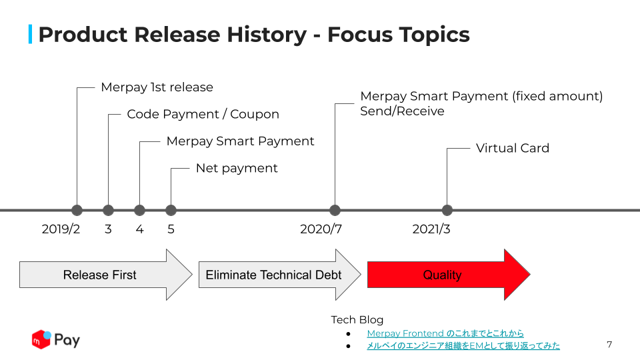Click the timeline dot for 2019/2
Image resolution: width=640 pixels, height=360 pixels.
pos(77,210)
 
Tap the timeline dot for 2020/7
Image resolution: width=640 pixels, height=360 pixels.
pos(335,210)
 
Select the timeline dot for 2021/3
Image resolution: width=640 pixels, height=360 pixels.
pos(447,210)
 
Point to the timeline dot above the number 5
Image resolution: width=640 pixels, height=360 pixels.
pos(171,210)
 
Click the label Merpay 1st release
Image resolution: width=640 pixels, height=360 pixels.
pos(157,87)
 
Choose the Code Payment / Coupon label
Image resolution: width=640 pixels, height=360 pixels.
pos(203,114)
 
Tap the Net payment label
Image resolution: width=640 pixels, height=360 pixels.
pos(237,168)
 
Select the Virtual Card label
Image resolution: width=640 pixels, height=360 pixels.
pos(513,148)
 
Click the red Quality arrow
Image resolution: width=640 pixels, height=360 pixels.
pos(449,275)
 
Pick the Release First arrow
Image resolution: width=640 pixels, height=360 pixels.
pos(106,275)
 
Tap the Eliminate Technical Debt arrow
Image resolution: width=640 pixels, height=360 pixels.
pos(279,275)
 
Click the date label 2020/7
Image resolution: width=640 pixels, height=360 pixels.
pos(321,229)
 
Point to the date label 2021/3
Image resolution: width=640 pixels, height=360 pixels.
pos(431,229)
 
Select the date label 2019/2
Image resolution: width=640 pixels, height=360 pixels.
pos(61,229)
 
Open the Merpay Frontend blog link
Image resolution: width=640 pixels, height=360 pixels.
pos(445,333)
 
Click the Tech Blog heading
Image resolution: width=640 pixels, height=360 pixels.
pos(357,319)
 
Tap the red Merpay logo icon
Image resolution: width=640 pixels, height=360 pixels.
pos(41,339)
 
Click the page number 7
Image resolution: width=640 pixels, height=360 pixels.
pos(609,345)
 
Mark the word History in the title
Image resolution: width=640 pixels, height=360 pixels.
pos(267,34)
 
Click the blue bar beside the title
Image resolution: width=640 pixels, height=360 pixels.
pos(30,34)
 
